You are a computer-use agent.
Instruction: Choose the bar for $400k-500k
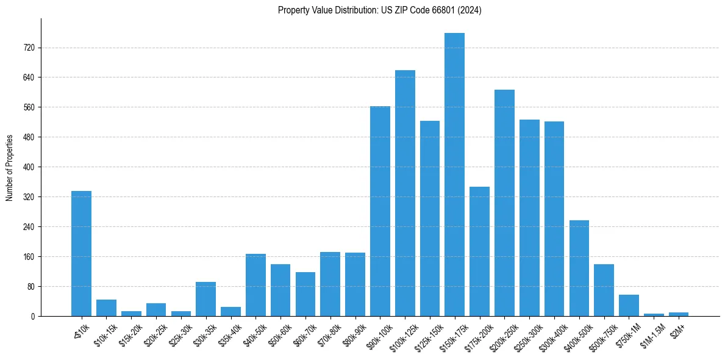click(x=579, y=268)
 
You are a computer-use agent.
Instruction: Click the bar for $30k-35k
click(x=205, y=299)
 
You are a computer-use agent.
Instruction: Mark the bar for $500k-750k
click(x=604, y=290)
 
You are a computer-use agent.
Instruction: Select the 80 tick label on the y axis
click(x=31, y=287)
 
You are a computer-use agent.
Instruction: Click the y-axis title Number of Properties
click(x=9, y=167)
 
